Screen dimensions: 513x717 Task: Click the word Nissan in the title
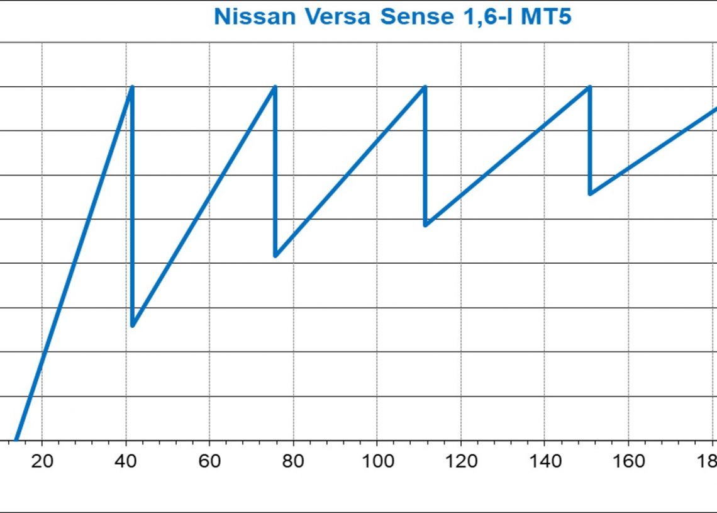coord(254,17)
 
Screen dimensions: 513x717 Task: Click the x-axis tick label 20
coord(42,462)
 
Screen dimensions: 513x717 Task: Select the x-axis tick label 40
coord(126,462)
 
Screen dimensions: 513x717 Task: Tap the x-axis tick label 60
coord(209,462)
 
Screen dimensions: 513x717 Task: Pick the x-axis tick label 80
coord(293,462)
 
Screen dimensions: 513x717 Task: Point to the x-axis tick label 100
coord(377,462)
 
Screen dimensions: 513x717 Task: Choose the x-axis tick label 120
coord(460,462)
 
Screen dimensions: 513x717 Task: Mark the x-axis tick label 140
coord(545,462)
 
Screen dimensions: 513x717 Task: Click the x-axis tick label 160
coord(629,462)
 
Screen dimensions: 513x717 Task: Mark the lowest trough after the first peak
coord(133,325)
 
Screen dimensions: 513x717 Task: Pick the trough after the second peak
coord(275,256)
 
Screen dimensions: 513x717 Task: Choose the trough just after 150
coord(590,193)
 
